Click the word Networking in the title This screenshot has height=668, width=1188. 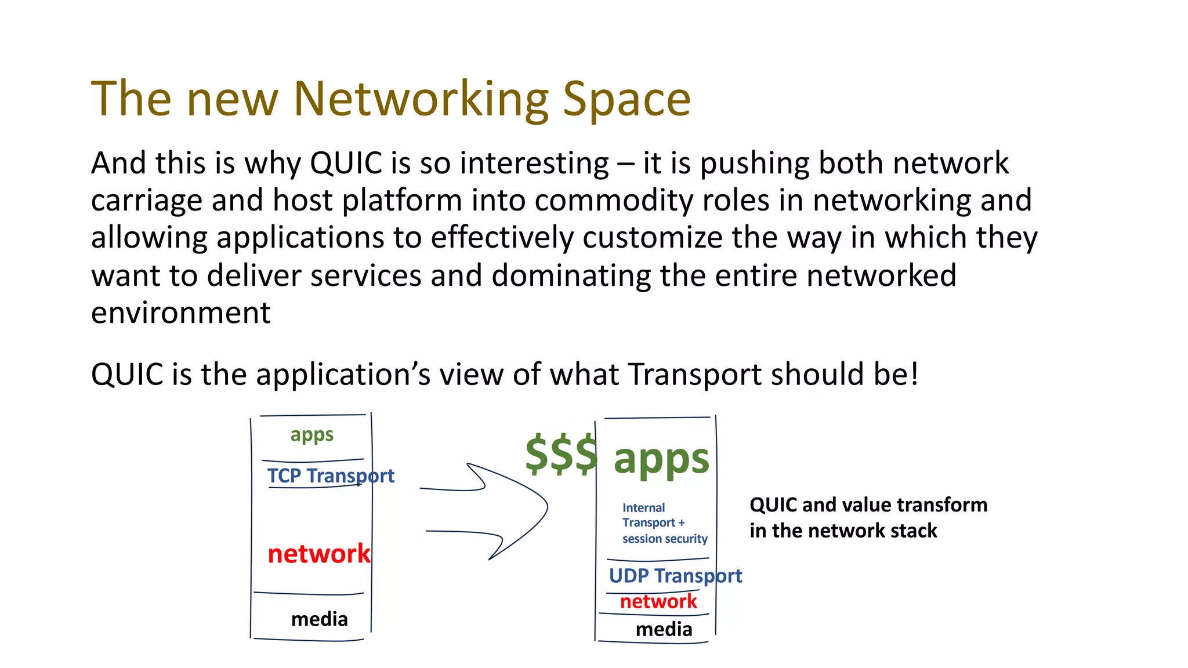click(x=421, y=100)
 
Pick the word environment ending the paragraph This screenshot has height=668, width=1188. click(x=180, y=313)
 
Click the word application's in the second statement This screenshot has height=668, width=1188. click(x=343, y=374)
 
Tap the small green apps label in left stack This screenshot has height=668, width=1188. click(x=312, y=435)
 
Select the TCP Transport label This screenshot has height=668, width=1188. click(x=331, y=476)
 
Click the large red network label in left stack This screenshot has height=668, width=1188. click(x=318, y=554)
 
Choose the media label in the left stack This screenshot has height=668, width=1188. click(x=319, y=619)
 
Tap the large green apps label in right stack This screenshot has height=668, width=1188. click(x=661, y=459)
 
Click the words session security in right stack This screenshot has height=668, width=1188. click(x=665, y=539)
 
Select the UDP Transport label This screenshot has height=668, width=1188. click(x=675, y=576)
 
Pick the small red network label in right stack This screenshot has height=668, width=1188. click(x=658, y=601)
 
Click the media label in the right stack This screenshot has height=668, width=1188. click(x=664, y=629)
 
